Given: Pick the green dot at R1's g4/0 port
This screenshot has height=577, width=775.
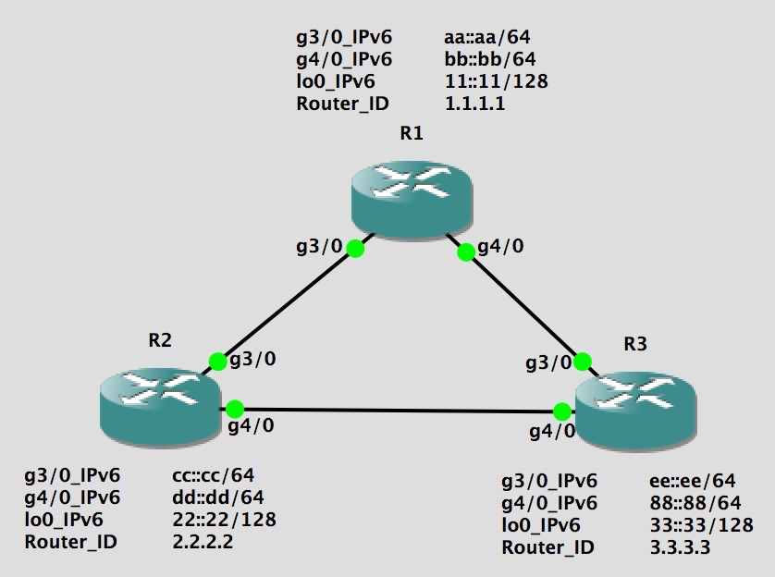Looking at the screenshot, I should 465,250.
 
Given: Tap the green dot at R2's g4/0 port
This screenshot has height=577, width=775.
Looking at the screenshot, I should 234,408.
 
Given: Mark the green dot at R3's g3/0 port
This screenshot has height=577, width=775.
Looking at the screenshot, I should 582,361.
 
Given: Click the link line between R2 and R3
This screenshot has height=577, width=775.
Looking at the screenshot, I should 398,410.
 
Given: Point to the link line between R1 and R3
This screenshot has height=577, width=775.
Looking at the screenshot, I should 523,305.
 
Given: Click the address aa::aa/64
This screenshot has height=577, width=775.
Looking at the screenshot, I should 487,38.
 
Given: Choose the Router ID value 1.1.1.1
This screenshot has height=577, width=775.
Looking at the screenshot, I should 474,104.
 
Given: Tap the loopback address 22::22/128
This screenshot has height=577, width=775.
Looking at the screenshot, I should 224,520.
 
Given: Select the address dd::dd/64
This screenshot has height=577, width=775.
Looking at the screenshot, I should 213,497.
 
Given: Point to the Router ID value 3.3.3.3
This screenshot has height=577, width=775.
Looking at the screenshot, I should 680,547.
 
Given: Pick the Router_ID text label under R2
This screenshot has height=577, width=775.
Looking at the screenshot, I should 71,542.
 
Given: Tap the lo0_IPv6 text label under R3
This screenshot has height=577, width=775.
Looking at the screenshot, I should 541,525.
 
